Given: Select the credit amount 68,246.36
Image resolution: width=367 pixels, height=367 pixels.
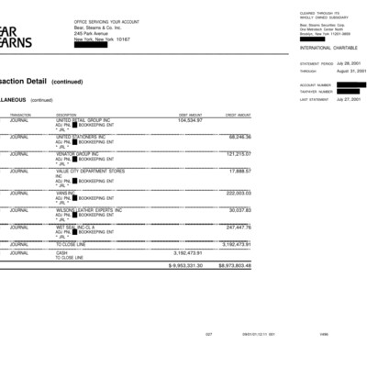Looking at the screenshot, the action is click(x=236, y=137).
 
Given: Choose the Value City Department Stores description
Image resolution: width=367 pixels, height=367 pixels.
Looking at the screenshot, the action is click(x=90, y=171).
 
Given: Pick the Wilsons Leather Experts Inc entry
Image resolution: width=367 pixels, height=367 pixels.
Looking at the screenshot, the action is click(x=89, y=210).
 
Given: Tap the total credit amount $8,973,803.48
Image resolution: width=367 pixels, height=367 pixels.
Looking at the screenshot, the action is click(x=234, y=265).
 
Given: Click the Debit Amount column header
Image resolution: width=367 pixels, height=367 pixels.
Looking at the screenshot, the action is click(x=190, y=115).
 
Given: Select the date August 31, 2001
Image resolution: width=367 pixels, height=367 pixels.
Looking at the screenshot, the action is click(x=350, y=71).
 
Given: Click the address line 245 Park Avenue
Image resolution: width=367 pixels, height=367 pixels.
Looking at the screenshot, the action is click(x=91, y=34).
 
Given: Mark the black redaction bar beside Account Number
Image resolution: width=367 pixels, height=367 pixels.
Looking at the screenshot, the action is click(x=350, y=84).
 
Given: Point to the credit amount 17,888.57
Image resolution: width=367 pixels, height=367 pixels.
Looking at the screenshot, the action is click(x=236, y=171).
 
